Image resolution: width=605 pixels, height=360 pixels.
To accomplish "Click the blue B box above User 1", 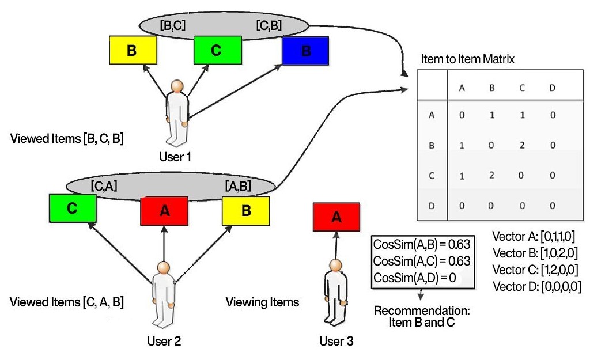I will pos(305,51).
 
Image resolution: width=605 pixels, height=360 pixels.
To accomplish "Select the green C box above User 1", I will pos(216,50).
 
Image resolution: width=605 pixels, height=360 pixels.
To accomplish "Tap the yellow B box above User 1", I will pos(132,50).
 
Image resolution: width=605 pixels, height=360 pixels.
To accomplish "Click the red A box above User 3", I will pos(336,217).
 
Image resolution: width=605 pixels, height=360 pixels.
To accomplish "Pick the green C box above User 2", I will pos(72,208).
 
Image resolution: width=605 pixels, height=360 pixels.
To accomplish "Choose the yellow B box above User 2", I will pos(246,210).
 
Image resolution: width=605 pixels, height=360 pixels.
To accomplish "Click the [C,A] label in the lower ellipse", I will pos(105,186).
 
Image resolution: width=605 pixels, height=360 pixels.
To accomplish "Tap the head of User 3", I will pos(332,266).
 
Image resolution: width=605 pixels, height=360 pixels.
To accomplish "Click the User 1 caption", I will pos(176,156).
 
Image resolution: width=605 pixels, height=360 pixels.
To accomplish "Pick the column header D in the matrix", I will pos(553,88).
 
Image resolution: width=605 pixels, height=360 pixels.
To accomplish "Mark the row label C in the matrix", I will pos(432,176).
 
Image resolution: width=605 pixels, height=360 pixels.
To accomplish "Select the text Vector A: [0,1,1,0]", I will pos(534,236).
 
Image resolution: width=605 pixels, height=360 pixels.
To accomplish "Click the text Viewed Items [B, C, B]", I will pos(67,139).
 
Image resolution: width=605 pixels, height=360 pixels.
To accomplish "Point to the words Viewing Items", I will pos(262,302).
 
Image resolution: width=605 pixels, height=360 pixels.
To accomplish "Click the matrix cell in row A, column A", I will pos(462,115).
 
